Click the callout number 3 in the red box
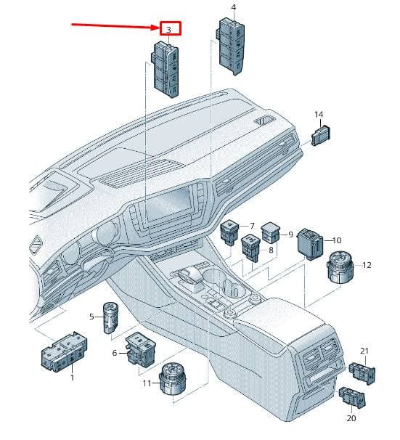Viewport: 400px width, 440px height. coord(168,30)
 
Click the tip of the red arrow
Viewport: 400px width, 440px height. coord(159,28)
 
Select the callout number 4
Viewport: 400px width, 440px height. coord(234,7)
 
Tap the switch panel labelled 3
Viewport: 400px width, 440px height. coord(166,69)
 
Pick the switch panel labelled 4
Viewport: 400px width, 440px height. coord(231,46)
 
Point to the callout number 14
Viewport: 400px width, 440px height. coord(319,115)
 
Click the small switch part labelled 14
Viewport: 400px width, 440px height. coord(321,136)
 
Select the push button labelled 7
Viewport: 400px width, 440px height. coord(229,232)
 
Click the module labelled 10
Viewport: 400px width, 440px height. coord(310,244)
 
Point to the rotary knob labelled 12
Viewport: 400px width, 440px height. coord(340,266)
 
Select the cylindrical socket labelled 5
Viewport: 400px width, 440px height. coord(110,317)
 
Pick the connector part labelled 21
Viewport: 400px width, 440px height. coord(362,373)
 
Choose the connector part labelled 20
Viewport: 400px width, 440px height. coord(352,396)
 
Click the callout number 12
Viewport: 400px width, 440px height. coord(367,265)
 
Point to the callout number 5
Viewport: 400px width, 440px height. coord(91,317)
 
